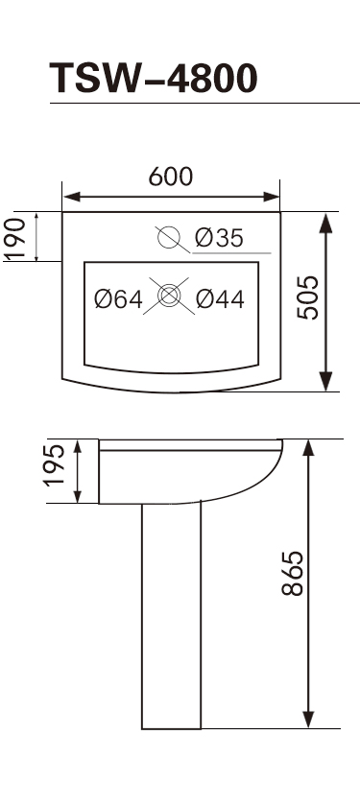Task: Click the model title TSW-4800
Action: coord(154,78)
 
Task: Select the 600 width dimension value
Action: coord(171,177)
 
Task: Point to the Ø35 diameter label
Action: coord(219,238)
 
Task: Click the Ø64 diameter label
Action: coord(119,299)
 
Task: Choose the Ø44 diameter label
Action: coord(220,299)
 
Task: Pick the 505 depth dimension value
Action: coord(308,297)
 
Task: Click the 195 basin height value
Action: coord(55,465)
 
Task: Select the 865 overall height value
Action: coord(293,573)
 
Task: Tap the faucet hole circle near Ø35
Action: coord(169,237)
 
